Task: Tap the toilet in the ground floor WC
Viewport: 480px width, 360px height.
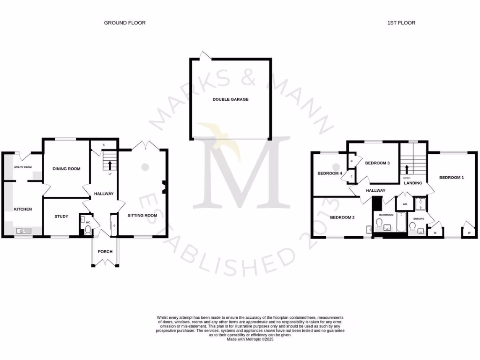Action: tap(87, 230)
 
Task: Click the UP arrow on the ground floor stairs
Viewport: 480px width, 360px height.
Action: tap(110, 165)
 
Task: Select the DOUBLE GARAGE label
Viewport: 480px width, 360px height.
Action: tap(230, 99)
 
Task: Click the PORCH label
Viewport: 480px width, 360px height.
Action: tap(105, 252)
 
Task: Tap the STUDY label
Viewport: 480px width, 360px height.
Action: tap(61, 217)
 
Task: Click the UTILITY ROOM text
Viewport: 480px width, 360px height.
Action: tap(22, 167)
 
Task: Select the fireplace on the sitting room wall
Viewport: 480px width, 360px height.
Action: tap(164, 187)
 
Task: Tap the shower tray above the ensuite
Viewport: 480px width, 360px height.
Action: tap(421, 203)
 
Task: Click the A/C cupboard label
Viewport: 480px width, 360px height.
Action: tap(405, 204)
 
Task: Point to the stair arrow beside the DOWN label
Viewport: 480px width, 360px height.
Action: tap(407, 169)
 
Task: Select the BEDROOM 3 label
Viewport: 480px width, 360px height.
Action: tap(377, 163)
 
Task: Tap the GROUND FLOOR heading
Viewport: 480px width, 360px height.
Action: tap(125, 22)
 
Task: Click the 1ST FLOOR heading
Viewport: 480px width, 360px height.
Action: tap(402, 22)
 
